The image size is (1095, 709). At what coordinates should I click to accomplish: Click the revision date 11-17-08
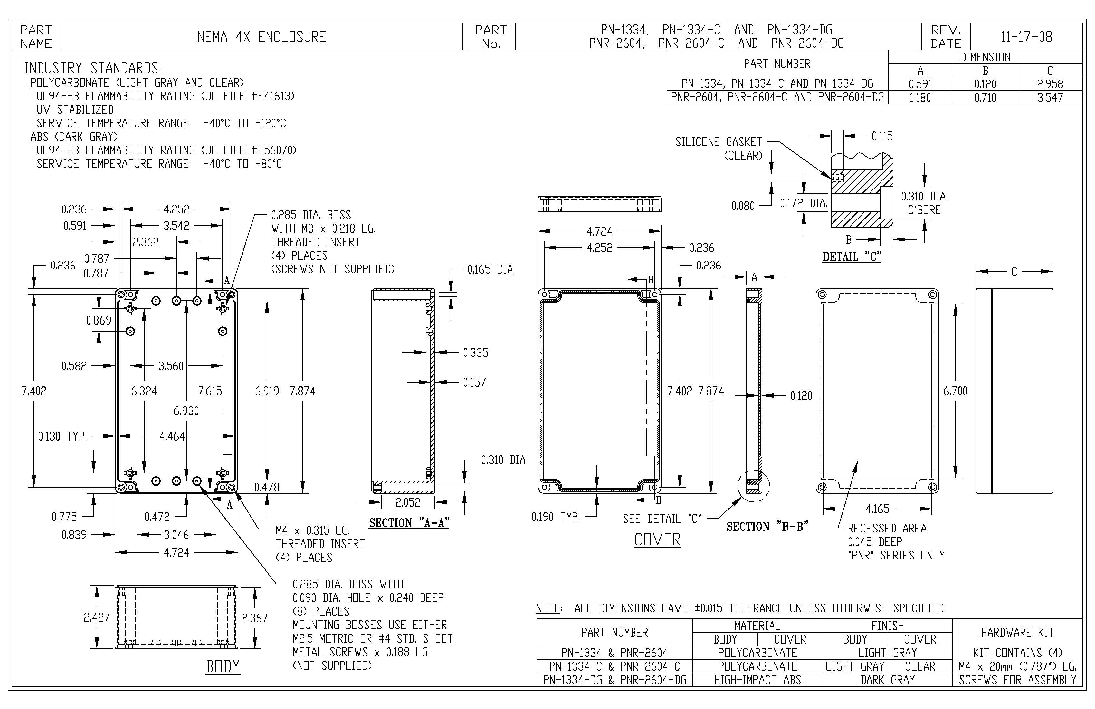(1026, 37)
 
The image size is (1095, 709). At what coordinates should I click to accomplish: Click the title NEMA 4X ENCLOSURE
(261, 37)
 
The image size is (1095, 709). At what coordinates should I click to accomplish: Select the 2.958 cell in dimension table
(1050, 84)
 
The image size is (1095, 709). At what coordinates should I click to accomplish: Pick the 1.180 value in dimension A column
(920, 98)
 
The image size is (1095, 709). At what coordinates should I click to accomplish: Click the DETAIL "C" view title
(852, 257)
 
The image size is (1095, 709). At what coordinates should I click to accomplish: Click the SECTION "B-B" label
(767, 526)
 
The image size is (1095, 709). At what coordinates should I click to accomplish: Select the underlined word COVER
(657, 539)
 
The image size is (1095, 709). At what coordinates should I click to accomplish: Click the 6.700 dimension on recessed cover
(955, 391)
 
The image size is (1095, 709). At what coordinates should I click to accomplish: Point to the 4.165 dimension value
(877, 509)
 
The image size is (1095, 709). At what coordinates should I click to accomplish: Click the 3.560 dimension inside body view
(171, 366)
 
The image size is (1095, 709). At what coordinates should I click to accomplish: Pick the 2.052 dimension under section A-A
(408, 502)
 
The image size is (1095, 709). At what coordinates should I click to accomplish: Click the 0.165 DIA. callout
(491, 270)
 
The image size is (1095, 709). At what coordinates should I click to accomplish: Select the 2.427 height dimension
(97, 617)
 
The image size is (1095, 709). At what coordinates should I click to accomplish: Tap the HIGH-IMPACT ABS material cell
(757, 680)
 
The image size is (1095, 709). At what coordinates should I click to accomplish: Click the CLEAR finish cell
(920, 666)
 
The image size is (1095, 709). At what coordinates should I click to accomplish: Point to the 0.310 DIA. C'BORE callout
(924, 203)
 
